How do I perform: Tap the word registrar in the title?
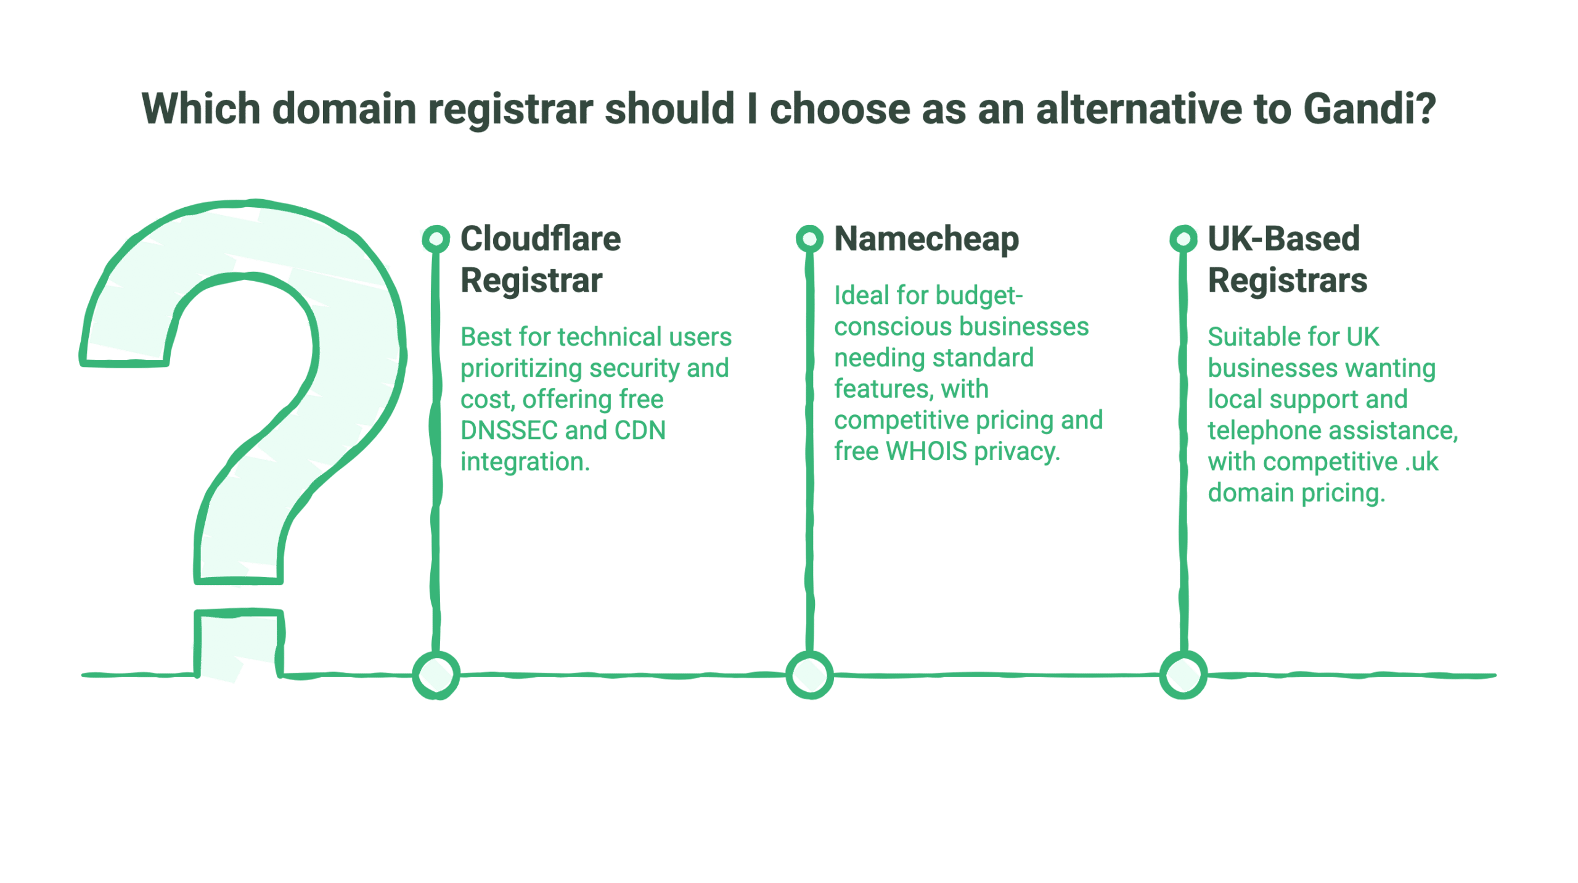coord(510,110)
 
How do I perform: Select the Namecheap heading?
coord(926,239)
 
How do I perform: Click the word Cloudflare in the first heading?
coord(541,239)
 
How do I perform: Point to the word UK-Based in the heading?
coord(1283,239)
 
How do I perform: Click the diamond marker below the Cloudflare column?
coord(436,675)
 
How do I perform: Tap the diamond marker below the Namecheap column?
coord(809,675)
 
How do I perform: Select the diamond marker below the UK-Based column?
coord(1183,675)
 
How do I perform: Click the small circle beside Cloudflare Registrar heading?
coord(436,239)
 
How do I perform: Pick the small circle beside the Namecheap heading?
coord(809,239)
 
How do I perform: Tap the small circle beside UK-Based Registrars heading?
coord(1183,239)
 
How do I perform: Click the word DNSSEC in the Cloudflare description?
coord(509,430)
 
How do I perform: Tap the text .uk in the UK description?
coord(1421,462)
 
